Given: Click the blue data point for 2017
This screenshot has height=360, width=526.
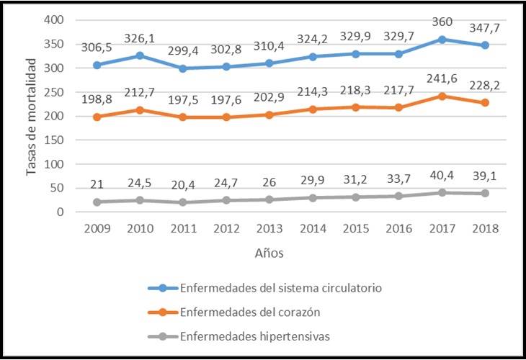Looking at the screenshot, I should point(442,40).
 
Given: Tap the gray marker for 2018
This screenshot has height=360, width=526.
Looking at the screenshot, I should point(486,194).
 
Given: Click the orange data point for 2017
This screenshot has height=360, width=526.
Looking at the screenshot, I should point(442,96).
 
